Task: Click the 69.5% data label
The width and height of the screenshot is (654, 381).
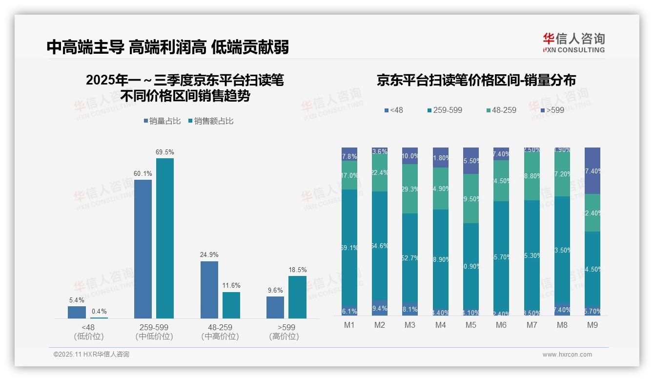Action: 165,152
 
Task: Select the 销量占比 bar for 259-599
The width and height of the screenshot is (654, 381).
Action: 143,249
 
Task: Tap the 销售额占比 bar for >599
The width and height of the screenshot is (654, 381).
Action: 297,297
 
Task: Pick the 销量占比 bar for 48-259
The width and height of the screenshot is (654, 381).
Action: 209,290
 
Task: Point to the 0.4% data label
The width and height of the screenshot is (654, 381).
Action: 99,312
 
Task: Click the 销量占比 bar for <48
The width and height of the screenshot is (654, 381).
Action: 77,312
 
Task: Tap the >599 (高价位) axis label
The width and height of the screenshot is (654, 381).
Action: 284,332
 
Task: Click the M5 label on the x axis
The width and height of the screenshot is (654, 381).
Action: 470,325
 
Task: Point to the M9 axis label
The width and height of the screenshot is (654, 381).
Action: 592,325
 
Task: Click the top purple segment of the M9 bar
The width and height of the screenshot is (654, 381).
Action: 593,170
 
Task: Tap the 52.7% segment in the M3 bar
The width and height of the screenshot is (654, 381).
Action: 410,258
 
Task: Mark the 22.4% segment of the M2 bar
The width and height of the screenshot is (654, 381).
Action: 380,173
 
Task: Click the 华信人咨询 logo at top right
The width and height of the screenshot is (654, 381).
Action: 573,42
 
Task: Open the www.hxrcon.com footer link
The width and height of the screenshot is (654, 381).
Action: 567,355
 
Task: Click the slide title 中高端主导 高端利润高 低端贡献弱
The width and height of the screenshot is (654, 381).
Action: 168,47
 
